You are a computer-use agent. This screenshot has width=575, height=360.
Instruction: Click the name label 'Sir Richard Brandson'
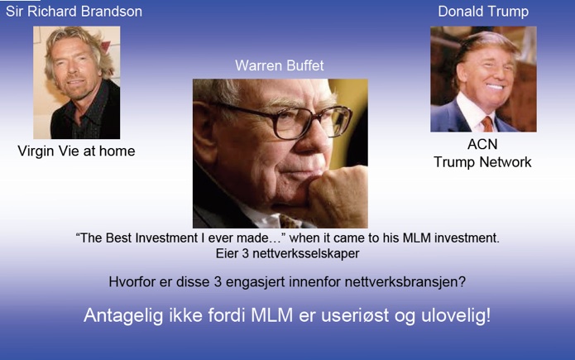click(74, 12)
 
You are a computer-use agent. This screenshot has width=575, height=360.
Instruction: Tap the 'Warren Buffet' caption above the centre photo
click(280, 65)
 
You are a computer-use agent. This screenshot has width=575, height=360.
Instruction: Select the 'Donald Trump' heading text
click(483, 12)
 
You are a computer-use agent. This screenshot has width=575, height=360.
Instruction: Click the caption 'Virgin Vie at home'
click(76, 151)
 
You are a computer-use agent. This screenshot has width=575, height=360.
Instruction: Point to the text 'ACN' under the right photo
click(482, 144)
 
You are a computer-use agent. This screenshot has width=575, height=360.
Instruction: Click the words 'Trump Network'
click(482, 162)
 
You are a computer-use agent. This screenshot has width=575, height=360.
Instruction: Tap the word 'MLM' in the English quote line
click(417, 238)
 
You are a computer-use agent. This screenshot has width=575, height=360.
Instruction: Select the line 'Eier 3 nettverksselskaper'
click(288, 253)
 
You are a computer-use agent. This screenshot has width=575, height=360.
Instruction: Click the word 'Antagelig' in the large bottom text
click(123, 316)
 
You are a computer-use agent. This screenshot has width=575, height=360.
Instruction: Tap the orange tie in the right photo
click(487, 123)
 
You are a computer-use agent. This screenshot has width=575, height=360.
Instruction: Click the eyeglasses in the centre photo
click(290, 120)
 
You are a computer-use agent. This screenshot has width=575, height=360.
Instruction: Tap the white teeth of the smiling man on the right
click(494, 87)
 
